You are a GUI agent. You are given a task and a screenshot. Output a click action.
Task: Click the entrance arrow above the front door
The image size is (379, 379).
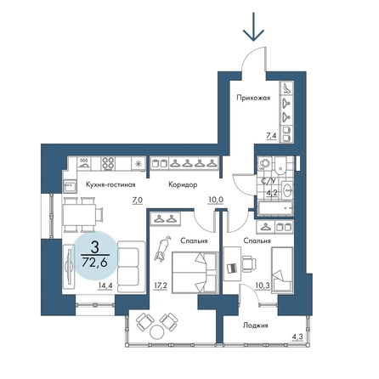point(253,26)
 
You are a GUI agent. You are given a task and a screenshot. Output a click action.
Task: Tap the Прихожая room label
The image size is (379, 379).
point(253,98)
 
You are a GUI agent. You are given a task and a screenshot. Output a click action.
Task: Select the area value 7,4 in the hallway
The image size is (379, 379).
point(271,136)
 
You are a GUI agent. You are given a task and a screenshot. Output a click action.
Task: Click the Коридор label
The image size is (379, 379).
point(183,185)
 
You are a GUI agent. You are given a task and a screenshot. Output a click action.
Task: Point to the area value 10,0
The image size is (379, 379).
point(216,200)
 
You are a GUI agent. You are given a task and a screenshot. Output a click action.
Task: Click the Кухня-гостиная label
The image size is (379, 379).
point(110,184)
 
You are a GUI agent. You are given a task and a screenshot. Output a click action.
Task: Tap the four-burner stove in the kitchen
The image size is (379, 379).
point(108,164)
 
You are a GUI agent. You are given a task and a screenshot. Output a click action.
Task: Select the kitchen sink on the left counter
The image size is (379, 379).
point(70,187)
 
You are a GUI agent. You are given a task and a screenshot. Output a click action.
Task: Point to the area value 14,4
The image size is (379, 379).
point(105,286)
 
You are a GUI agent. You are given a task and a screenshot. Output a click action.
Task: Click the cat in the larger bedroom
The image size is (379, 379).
point(162,248)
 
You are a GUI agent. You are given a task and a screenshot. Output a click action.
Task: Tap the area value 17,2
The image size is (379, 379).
point(161,286)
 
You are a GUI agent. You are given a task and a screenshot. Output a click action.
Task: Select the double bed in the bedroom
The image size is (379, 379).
point(195,272)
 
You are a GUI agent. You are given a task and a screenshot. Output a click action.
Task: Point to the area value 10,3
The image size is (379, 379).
point(262,286)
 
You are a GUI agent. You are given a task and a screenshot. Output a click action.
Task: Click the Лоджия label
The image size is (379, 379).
point(256,325)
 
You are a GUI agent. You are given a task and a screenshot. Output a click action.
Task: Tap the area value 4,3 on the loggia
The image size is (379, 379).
point(298,337)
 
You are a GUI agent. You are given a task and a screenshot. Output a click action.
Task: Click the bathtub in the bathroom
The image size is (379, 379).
point(275,209)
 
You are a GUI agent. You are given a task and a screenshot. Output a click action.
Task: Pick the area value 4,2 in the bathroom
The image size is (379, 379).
point(272,193)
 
